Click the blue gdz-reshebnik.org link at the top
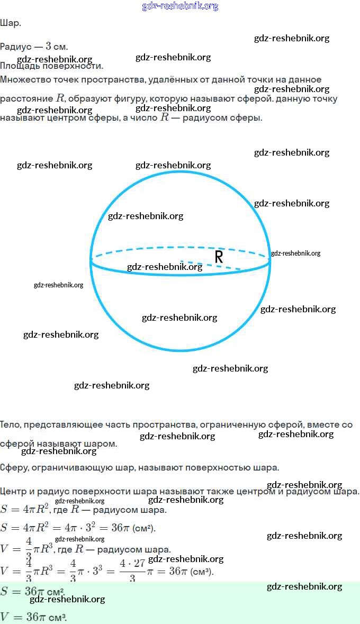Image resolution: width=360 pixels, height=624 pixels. pos(180,6)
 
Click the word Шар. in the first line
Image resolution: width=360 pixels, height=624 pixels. pos(11,23)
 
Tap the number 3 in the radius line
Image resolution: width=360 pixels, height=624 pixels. pos(48,47)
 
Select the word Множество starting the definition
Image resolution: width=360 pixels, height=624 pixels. pos(24,79)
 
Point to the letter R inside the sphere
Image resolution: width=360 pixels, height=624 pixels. pos(219,257)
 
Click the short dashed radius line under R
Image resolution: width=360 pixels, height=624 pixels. pos(206,265)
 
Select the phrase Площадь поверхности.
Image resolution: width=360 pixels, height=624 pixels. pos(51,66)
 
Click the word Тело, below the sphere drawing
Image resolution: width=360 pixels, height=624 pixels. pos(11,424)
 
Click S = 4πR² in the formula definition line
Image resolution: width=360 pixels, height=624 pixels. pos(25,510)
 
